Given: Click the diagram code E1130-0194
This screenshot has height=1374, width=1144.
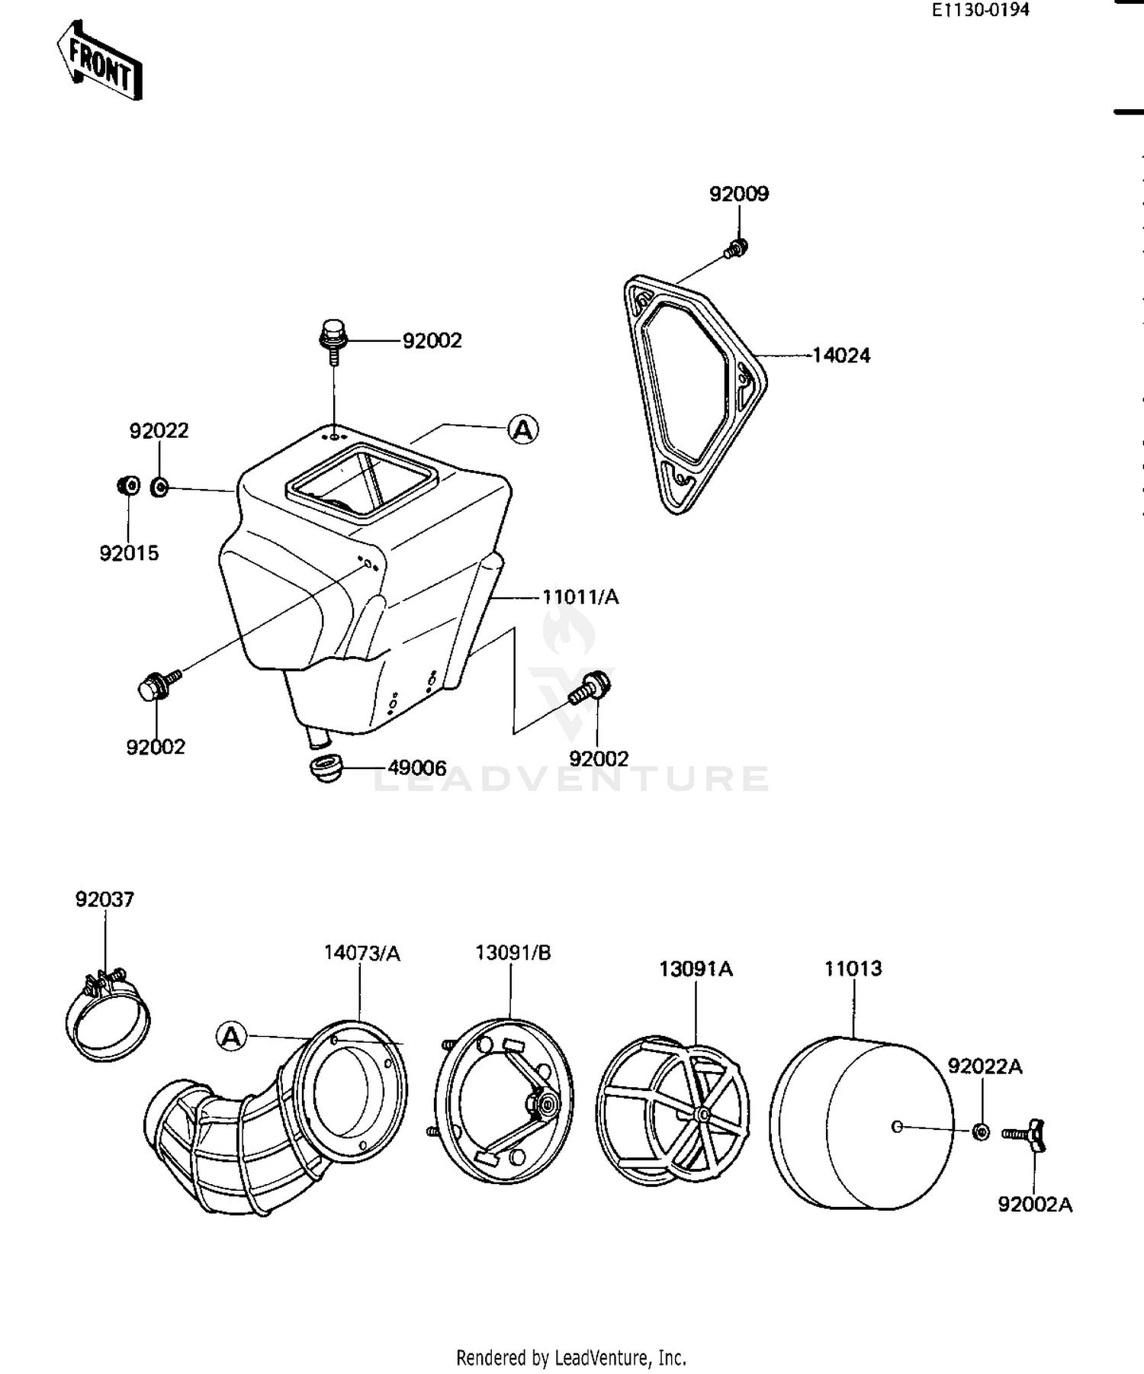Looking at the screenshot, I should [x=979, y=10].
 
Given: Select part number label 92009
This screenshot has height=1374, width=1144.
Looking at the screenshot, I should [x=738, y=194].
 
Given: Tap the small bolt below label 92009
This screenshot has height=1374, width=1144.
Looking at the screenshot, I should [x=737, y=247].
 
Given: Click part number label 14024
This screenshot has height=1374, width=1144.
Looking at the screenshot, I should [x=840, y=356].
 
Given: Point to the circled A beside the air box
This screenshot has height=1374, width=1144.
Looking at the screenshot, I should [x=523, y=430].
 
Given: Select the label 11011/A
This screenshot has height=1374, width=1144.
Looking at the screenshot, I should [x=580, y=597].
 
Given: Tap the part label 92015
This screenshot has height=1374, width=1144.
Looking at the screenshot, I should [x=129, y=553].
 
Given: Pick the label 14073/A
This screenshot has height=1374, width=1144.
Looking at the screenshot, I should [x=362, y=953].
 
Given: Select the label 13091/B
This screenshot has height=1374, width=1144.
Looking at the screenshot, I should [x=513, y=953].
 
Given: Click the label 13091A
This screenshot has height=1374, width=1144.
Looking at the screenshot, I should [x=696, y=969].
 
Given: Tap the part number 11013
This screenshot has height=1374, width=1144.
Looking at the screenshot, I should [x=853, y=969].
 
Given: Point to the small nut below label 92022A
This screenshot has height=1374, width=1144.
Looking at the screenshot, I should [x=982, y=1131].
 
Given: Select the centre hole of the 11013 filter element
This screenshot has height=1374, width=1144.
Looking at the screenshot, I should [x=897, y=1126].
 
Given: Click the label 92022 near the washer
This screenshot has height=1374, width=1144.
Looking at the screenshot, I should [x=159, y=431].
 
